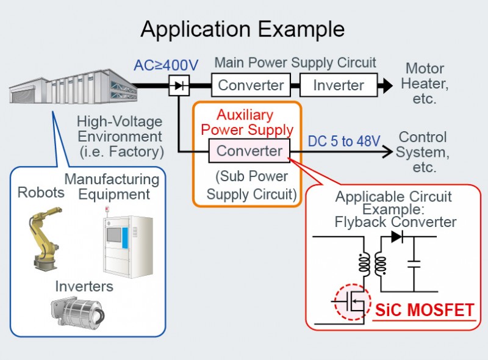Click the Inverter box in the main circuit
(x=339, y=85)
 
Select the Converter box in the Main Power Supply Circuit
(x=251, y=85)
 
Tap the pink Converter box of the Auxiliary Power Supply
(x=249, y=151)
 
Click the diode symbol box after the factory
(x=179, y=85)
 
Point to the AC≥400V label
(x=166, y=65)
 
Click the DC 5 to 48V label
(x=344, y=141)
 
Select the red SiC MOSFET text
(x=425, y=310)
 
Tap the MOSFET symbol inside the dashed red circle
(x=353, y=301)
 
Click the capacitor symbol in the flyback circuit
(x=414, y=264)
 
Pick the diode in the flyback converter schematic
(x=397, y=237)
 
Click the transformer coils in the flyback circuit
(x=372, y=264)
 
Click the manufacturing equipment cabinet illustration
(x=128, y=242)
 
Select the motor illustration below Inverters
(x=77, y=312)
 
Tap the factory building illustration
(x=73, y=87)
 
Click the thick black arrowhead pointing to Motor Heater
(x=387, y=85)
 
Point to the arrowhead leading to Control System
(x=388, y=152)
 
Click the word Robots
(x=41, y=192)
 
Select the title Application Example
(x=242, y=29)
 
